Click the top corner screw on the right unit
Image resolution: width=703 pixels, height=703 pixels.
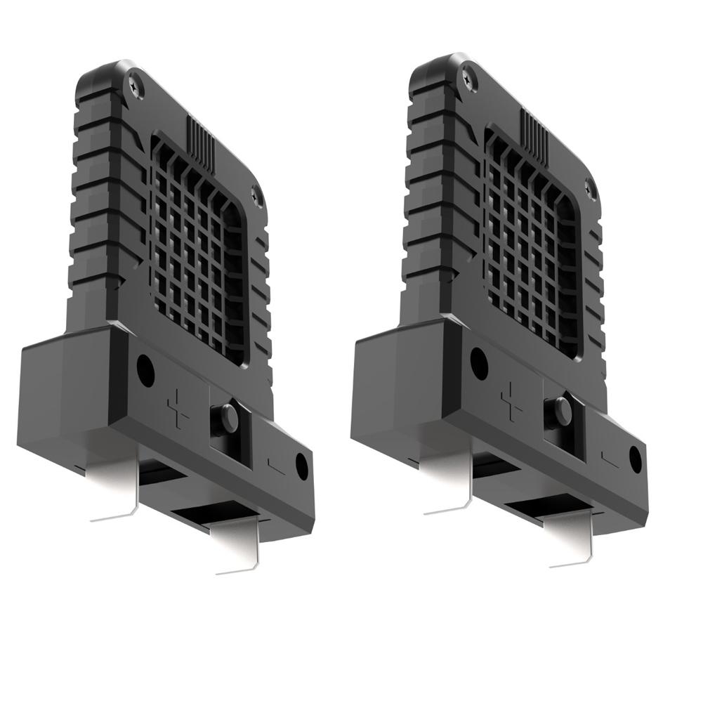coord(469,78)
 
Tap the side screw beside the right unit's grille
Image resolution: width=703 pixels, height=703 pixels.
coord(589,188)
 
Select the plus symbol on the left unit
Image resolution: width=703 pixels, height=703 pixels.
coord(178,410)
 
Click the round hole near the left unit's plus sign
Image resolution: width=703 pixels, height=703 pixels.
coord(145,371)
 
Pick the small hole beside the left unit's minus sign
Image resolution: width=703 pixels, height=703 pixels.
coord(302,466)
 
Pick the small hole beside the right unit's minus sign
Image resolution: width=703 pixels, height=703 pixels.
coord(636,458)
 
